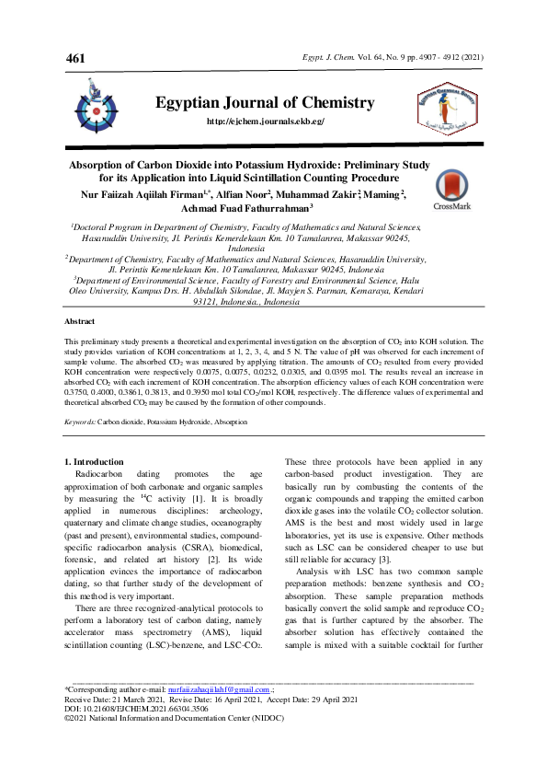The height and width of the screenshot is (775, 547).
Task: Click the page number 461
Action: [x=75, y=59]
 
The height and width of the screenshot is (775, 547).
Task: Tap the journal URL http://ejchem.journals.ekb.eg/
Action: [x=266, y=121]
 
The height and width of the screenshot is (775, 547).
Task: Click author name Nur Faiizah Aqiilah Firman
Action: [x=147, y=194]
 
